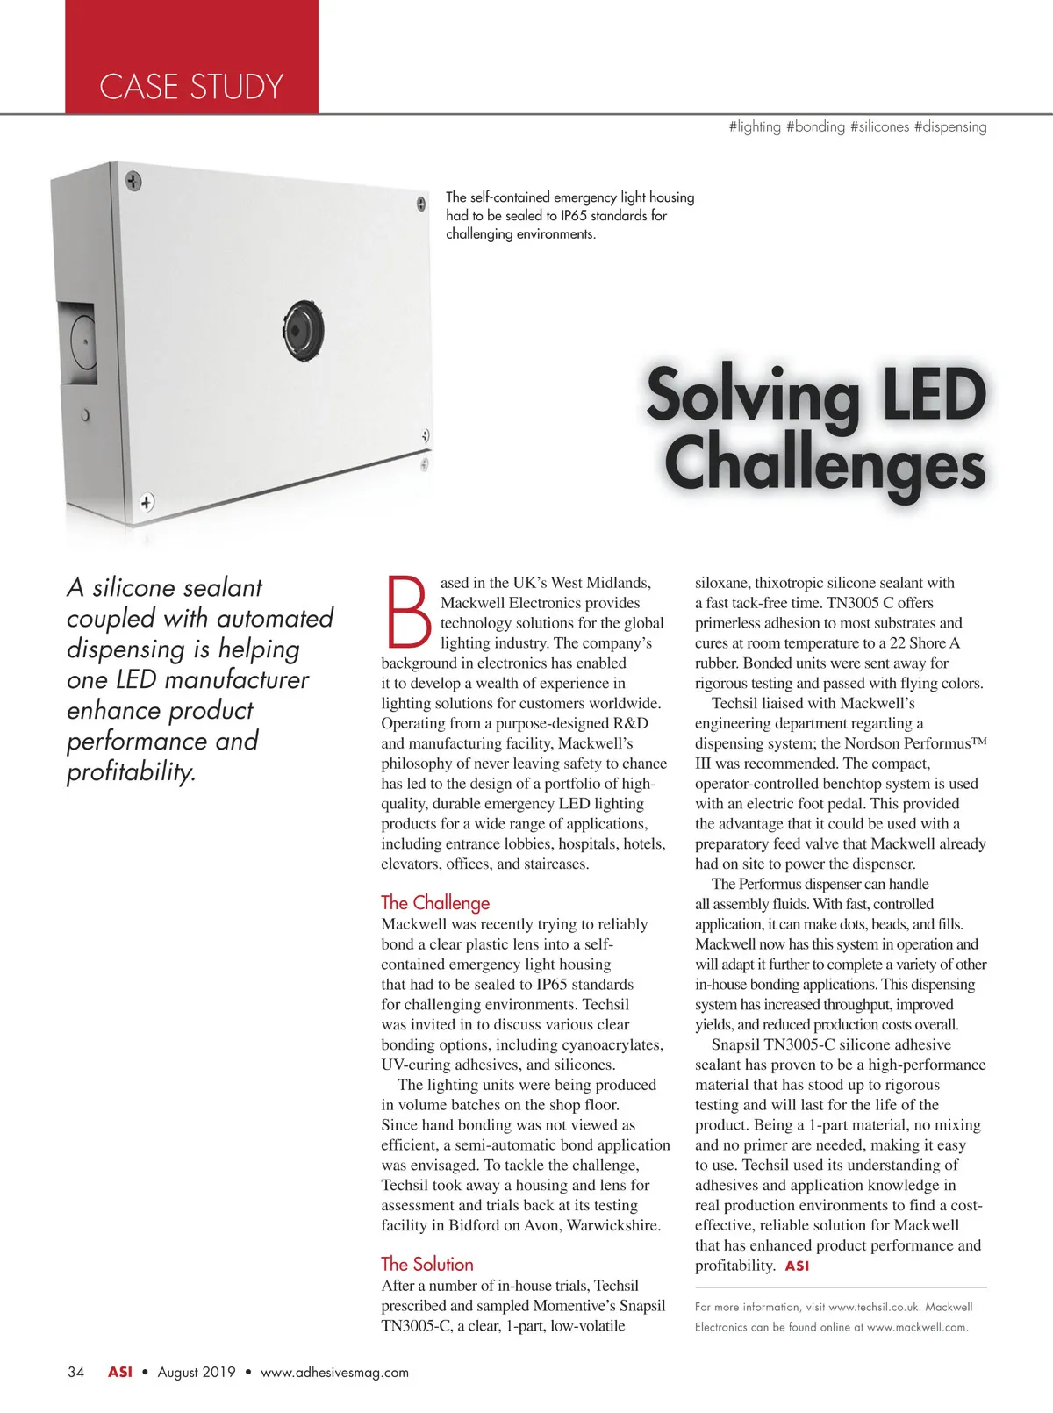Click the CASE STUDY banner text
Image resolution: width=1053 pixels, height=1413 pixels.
tap(191, 87)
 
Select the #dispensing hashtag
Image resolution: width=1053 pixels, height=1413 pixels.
tap(950, 126)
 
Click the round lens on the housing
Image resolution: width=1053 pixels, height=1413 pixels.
tap(304, 331)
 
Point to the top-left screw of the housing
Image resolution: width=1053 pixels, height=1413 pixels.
tap(133, 182)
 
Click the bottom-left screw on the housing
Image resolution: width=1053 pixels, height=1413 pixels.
tap(147, 502)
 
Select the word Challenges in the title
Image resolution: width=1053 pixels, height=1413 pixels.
tap(825, 465)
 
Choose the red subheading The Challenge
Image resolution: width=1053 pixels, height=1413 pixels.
tap(435, 902)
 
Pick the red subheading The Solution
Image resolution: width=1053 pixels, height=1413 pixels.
tap(427, 1264)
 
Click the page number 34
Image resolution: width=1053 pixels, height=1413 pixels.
tap(76, 1372)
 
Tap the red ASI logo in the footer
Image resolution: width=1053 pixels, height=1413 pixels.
tap(120, 1372)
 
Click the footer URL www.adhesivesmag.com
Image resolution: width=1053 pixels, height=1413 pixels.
tap(334, 1372)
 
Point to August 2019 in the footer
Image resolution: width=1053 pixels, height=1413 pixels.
tap(197, 1372)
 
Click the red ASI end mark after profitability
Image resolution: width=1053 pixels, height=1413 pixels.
tap(797, 1266)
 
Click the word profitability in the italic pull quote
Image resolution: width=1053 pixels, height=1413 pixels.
tap(131, 771)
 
